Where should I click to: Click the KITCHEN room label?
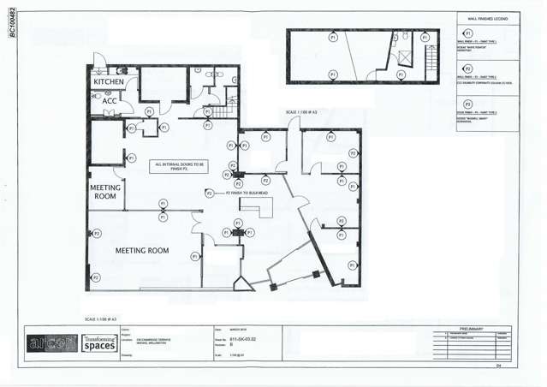109,82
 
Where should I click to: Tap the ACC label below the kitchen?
109,101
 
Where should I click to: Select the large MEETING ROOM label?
142,251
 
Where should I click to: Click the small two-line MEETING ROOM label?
104,191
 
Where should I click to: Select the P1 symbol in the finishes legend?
467,33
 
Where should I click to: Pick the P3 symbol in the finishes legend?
467,104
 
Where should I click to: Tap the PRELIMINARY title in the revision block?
472,328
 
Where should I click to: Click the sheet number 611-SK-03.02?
241,340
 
